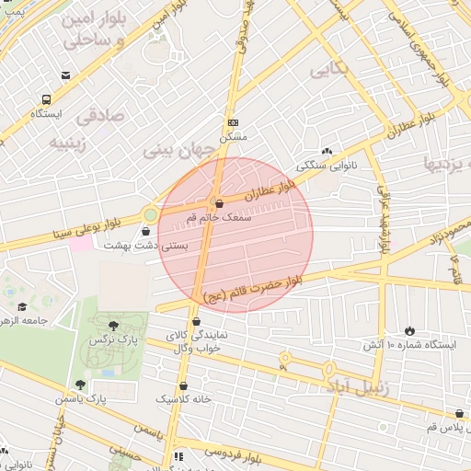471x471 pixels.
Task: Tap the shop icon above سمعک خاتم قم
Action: click(218, 203)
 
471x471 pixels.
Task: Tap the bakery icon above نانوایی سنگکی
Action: click(327, 152)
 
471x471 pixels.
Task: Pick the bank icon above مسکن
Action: click(233, 122)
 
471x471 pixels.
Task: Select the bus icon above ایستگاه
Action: click(46, 99)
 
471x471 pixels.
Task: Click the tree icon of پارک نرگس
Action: click(113, 325)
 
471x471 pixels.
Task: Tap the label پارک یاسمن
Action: click(103, 398)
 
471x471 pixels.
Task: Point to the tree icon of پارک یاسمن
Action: click(80, 385)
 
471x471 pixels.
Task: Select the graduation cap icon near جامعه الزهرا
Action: click(22, 306)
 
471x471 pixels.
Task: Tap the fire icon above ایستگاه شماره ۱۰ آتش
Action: click(409, 330)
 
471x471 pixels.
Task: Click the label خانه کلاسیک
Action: click(184, 399)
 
